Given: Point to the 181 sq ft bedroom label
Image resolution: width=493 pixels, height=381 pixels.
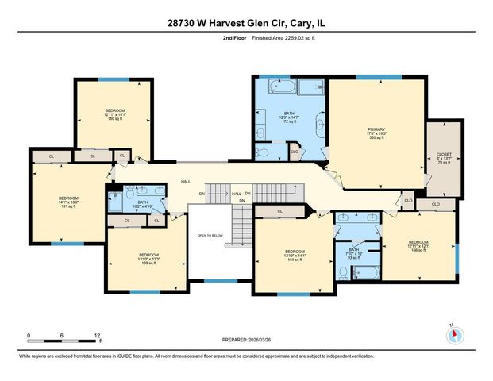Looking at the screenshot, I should [67, 203].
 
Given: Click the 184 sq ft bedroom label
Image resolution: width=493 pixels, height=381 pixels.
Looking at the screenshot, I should [294, 256].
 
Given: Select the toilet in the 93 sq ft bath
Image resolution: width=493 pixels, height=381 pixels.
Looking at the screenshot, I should [342, 272].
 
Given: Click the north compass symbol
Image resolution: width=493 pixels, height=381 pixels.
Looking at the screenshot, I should [454, 334].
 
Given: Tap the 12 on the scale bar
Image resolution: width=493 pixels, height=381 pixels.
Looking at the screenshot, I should [97, 336].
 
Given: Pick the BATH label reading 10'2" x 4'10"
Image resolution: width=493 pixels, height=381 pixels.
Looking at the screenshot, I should [143, 204].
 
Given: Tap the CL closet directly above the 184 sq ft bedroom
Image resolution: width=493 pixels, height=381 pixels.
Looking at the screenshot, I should [279, 211].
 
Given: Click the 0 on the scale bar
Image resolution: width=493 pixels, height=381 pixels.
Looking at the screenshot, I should [29, 336].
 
